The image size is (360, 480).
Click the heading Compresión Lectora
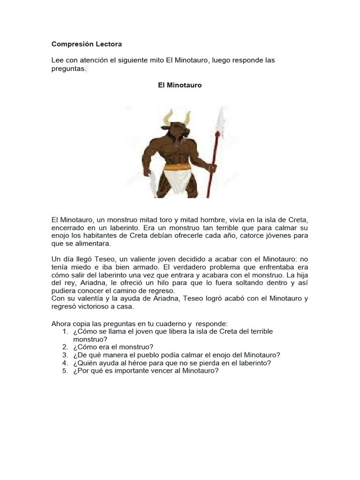click(86, 44)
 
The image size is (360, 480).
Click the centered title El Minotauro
click(180, 86)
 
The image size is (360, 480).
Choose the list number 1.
click(65, 331)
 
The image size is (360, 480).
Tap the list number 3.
click(65, 355)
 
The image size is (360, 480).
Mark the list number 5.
click(65, 371)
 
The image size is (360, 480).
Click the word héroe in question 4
click(139, 363)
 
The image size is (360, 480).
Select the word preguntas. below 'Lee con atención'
click(68, 68)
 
